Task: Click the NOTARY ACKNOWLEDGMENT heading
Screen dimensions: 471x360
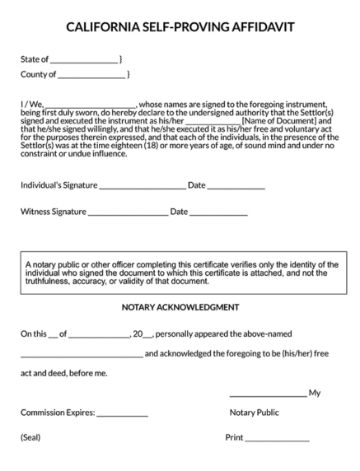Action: [x=180, y=307]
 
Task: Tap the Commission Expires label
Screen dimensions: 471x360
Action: [x=58, y=413]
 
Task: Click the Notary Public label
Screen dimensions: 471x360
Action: [x=254, y=413]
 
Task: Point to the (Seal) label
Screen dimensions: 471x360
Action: [x=30, y=437]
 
